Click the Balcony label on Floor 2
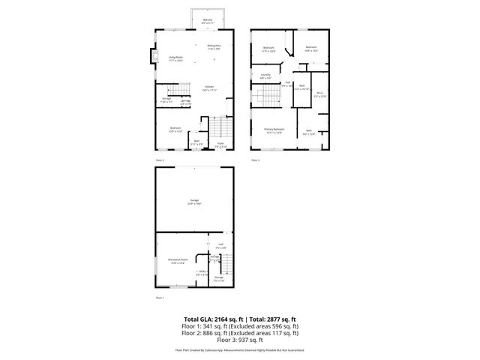click(x=207, y=21)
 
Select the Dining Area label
click(x=214, y=46)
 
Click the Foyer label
click(x=220, y=145)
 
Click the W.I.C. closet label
click(x=319, y=94)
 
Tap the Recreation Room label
click(x=177, y=262)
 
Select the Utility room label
click(x=200, y=273)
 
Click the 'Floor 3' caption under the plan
click(x=255, y=160)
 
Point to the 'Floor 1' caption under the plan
click(x=159, y=298)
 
